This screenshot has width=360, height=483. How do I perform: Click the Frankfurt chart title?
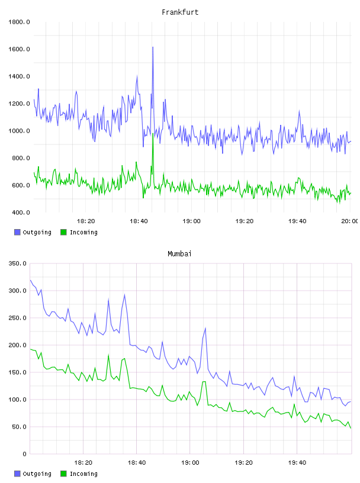180,12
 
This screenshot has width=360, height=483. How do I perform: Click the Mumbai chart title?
179,254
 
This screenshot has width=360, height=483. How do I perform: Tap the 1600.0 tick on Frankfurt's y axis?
19,49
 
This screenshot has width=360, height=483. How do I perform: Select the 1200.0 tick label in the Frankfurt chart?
19,104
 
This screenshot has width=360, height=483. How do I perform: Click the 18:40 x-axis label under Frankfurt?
139,221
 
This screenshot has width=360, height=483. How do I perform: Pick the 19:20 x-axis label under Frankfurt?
245,221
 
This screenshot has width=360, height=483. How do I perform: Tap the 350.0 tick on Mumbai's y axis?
18,263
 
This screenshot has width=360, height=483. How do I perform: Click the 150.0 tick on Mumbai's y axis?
18,372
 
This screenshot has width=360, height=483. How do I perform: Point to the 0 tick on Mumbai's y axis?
25,454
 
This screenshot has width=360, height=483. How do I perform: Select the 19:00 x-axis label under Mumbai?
190,463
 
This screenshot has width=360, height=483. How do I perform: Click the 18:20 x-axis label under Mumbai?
83,463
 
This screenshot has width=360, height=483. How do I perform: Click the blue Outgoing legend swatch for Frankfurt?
17,232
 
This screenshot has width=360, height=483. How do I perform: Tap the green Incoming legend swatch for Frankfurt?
63,232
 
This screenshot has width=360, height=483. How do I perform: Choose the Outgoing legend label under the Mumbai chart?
37,474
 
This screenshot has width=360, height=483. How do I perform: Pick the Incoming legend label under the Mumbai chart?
83,474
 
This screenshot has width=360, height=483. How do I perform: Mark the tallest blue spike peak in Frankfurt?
153,47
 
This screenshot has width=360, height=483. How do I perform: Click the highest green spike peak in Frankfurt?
153,133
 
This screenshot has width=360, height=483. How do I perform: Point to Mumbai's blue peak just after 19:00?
205,329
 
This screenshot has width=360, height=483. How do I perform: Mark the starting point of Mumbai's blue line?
30,281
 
